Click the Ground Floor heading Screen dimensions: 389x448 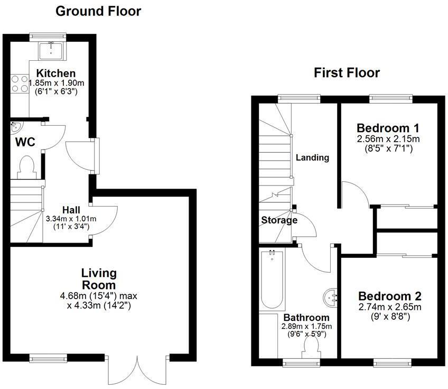[98, 11]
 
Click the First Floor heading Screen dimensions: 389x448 [347, 72]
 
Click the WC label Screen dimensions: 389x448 [25, 142]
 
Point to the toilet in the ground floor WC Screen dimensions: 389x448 [26, 166]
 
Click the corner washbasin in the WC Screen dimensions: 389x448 [14, 127]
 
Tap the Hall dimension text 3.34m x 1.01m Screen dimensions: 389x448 [71, 219]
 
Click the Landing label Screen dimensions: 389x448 [312, 158]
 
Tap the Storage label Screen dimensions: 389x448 [278, 220]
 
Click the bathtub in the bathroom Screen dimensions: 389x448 [272, 280]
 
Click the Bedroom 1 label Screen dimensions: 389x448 [388, 128]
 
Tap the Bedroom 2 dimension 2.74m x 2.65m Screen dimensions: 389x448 [389, 307]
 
